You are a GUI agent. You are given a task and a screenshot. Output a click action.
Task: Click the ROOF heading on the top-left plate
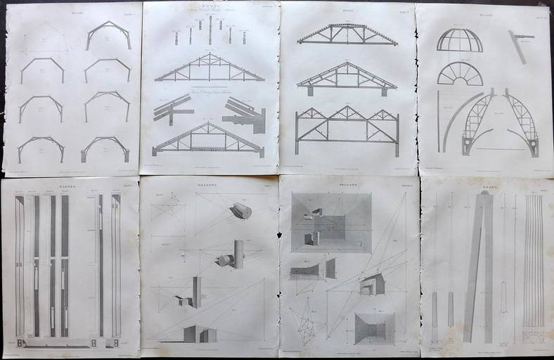pyautogui.click(x=70, y=12)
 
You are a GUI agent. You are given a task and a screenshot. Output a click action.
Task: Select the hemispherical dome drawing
pyautogui.click(x=460, y=40)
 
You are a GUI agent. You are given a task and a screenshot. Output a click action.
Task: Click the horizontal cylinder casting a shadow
pyautogui.click(x=240, y=210)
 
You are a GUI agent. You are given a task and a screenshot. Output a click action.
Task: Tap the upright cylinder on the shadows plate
pyautogui.click(x=238, y=254)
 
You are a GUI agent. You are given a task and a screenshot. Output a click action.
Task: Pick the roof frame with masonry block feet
pyautogui.click(x=105, y=147)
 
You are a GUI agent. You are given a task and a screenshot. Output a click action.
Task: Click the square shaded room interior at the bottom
pyautogui.click(x=375, y=328)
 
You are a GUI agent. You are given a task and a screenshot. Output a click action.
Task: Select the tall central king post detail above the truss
pyautogui.click(x=210, y=30)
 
